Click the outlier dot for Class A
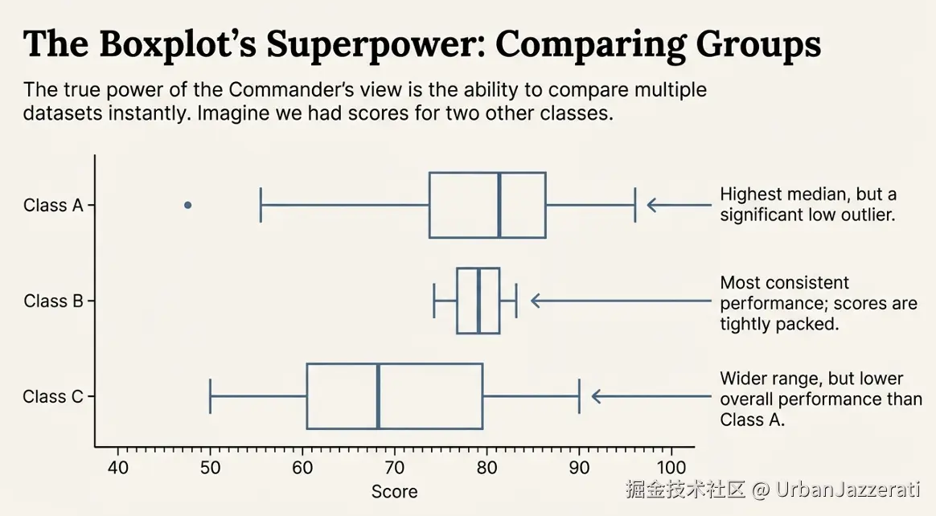tap(188, 205)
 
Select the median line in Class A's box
tap(499, 205)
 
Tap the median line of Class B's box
tap(478, 301)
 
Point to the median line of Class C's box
tap(378, 396)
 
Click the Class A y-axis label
tap(53, 206)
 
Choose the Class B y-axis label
tap(53, 301)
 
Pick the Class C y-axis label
tap(53, 397)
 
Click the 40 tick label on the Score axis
tap(118, 468)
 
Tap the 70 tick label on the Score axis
tap(395, 468)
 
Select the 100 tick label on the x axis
tap(671, 468)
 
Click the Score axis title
tap(394, 492)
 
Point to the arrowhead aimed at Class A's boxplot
tap(652, 205)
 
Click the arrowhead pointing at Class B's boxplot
tap(536, 301)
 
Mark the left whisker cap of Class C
tap(211, 396)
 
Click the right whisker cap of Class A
tap(635, 205)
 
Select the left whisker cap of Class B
tap(434, 301)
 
